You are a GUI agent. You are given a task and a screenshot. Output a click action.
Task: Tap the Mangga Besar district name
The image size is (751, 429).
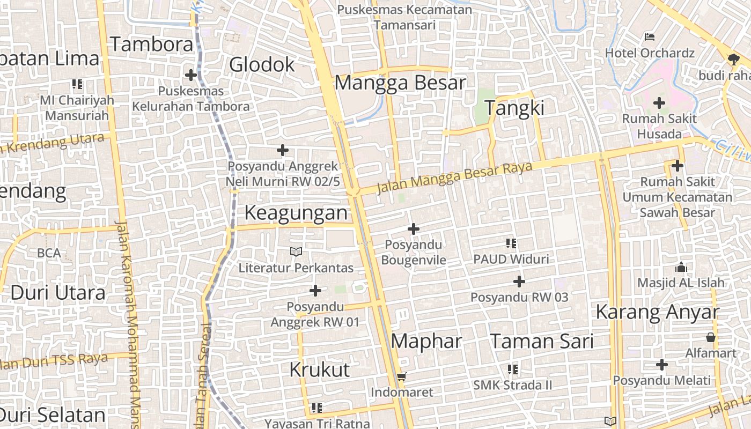point(400,83)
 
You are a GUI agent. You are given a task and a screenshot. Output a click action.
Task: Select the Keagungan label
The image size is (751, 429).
point(296,213)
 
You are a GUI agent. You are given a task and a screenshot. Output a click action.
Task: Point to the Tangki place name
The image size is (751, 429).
point(514,108)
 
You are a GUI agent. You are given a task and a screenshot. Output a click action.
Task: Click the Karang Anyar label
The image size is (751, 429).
point(657,312)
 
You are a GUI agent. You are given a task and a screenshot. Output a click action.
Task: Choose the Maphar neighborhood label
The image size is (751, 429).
point(426,341)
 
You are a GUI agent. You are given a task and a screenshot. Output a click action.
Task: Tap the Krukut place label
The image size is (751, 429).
point(320,369)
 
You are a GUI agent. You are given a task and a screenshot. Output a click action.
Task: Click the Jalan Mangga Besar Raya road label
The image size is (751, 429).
point(454,177)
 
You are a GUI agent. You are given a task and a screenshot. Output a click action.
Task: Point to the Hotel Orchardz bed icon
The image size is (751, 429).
point(650,37)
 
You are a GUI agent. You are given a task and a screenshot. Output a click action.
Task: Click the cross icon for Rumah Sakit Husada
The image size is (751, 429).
point(659,102)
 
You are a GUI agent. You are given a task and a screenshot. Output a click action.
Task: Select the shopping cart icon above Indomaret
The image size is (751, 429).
point(402,376)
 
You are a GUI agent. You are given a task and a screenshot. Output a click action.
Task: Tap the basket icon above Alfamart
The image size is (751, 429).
point(711,337)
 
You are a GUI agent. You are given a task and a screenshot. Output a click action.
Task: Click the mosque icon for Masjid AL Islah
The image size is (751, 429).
point(681,267)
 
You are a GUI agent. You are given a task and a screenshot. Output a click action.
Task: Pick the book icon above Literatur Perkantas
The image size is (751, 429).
point(296,251)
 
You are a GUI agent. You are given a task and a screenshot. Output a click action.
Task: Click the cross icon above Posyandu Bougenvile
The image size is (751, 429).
point(413,229)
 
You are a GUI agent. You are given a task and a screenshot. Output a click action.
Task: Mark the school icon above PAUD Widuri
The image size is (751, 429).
point(511,243)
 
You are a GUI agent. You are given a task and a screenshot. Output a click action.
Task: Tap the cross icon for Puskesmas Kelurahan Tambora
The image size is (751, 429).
point(190,75)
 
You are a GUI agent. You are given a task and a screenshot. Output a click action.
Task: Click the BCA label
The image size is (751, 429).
point(49,253)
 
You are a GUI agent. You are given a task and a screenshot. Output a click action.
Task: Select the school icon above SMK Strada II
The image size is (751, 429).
point(512,369)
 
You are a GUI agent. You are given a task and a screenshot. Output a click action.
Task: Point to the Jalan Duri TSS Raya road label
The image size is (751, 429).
point(54,361)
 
